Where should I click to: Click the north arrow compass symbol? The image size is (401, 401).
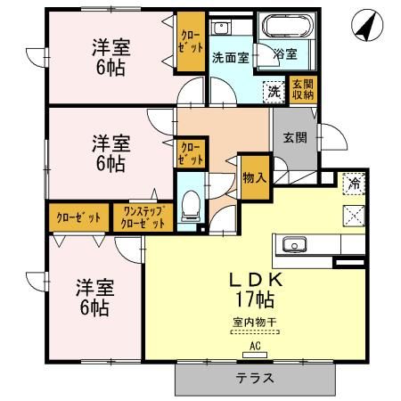364,27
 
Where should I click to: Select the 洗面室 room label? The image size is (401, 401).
229,58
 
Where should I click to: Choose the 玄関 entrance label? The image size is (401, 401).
295,137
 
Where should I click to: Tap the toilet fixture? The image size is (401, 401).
189,205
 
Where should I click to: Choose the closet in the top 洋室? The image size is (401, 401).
189,44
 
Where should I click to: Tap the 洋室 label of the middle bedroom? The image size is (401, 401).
108,143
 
